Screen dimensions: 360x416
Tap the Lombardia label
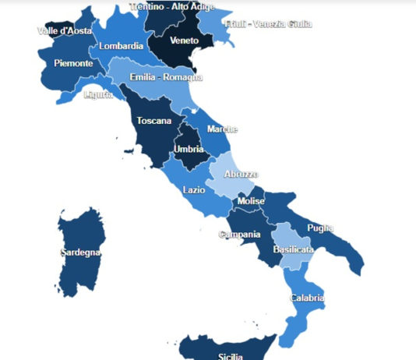point(121,46)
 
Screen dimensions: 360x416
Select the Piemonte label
point(74,63)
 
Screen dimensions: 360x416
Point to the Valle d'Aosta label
point(65,31)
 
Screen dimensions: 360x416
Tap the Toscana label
point(153,121)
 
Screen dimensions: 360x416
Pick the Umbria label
point(189,149)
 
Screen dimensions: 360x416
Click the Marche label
point(222,129)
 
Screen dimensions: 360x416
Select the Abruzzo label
point(241,175)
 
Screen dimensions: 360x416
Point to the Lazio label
point(194,189)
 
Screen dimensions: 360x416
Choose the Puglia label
point(320,228)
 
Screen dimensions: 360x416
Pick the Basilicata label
point(294,249)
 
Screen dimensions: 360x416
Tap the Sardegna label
point(80,252)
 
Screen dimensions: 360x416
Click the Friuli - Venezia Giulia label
point(268,24)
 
